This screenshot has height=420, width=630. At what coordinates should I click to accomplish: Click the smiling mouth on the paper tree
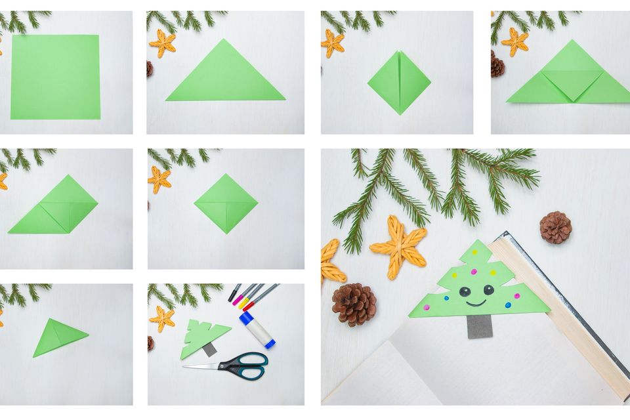click(476, 303)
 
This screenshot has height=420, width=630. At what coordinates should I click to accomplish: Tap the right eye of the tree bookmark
click(488, 289)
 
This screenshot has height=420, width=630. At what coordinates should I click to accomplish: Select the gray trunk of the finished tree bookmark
click(480, 325)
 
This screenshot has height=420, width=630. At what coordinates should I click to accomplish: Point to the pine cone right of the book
click(555, 227)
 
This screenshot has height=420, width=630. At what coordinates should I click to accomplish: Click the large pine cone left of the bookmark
click(354, 304)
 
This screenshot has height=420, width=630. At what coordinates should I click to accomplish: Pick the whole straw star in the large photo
click(398, 246)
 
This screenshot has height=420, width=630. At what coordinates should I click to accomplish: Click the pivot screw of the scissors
click(238, 364)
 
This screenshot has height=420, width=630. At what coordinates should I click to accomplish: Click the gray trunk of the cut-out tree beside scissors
click(209, 349)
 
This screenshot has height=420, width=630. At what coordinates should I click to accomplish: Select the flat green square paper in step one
click(55, 77)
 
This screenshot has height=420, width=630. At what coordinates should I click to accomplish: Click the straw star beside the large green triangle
click(162, 43)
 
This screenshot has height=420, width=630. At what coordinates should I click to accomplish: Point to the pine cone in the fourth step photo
click(497, 66)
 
